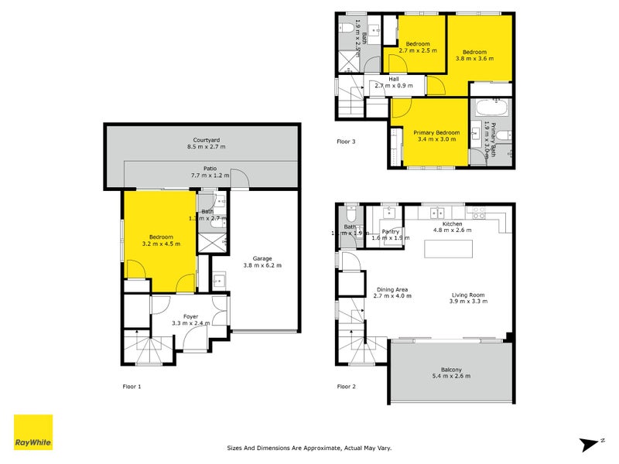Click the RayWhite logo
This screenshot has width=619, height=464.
[33, 432]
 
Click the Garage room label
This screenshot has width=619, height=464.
[262, 261]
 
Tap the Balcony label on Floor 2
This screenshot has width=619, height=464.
[451, 372]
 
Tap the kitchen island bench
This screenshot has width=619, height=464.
[450, 249]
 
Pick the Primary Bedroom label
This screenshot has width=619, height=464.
[436, 136]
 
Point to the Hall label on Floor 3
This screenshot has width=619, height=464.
[394, 82]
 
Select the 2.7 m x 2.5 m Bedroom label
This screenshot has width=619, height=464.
[419, 47]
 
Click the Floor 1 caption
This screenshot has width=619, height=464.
[132, 385]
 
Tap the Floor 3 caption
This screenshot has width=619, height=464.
[347, 142]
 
